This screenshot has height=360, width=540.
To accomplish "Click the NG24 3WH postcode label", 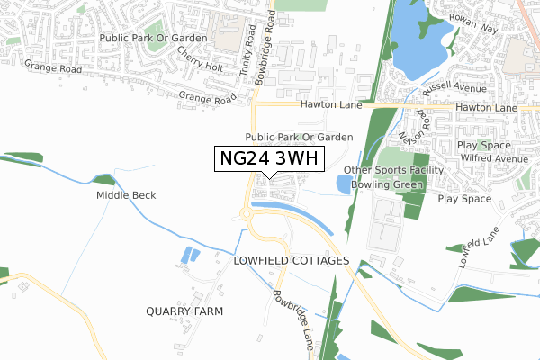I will coord(269,159).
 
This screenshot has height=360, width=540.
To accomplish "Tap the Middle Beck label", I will coord(127,195).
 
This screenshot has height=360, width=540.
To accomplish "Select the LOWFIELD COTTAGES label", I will coord(291,260).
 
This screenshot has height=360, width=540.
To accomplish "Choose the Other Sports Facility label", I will coord(394,171).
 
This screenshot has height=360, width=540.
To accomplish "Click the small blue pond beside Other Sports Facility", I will coord(343,185).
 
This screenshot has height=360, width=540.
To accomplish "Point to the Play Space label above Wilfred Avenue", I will coord(484,144).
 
